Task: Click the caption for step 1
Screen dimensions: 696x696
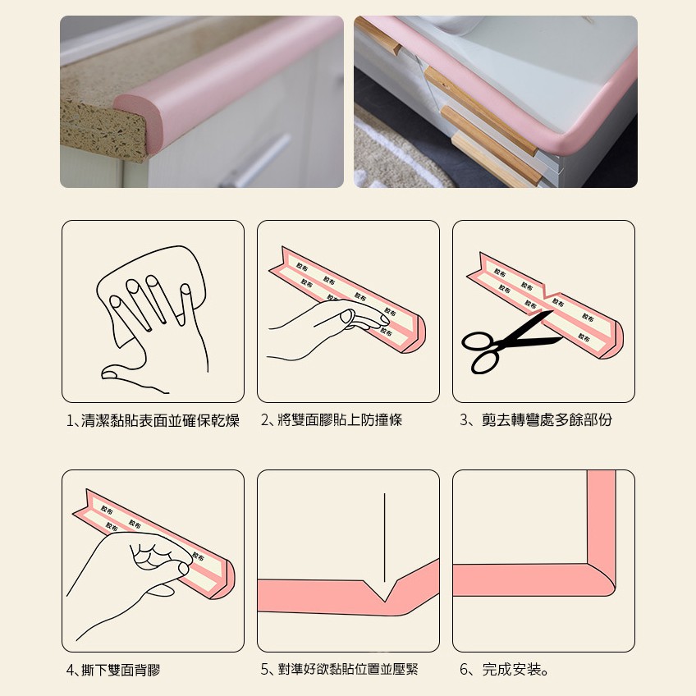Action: (153, 420)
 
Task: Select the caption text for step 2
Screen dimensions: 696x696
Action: (332, 419)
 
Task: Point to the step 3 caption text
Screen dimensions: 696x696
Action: (536, 419)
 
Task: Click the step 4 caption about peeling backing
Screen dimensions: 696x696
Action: (113, 670)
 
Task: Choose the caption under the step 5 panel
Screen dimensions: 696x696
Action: (340, 669)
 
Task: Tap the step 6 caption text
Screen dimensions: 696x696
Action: (504, 669)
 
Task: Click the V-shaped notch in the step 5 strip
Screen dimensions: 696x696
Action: (384, 593)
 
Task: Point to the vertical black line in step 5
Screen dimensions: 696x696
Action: (384, 538)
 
